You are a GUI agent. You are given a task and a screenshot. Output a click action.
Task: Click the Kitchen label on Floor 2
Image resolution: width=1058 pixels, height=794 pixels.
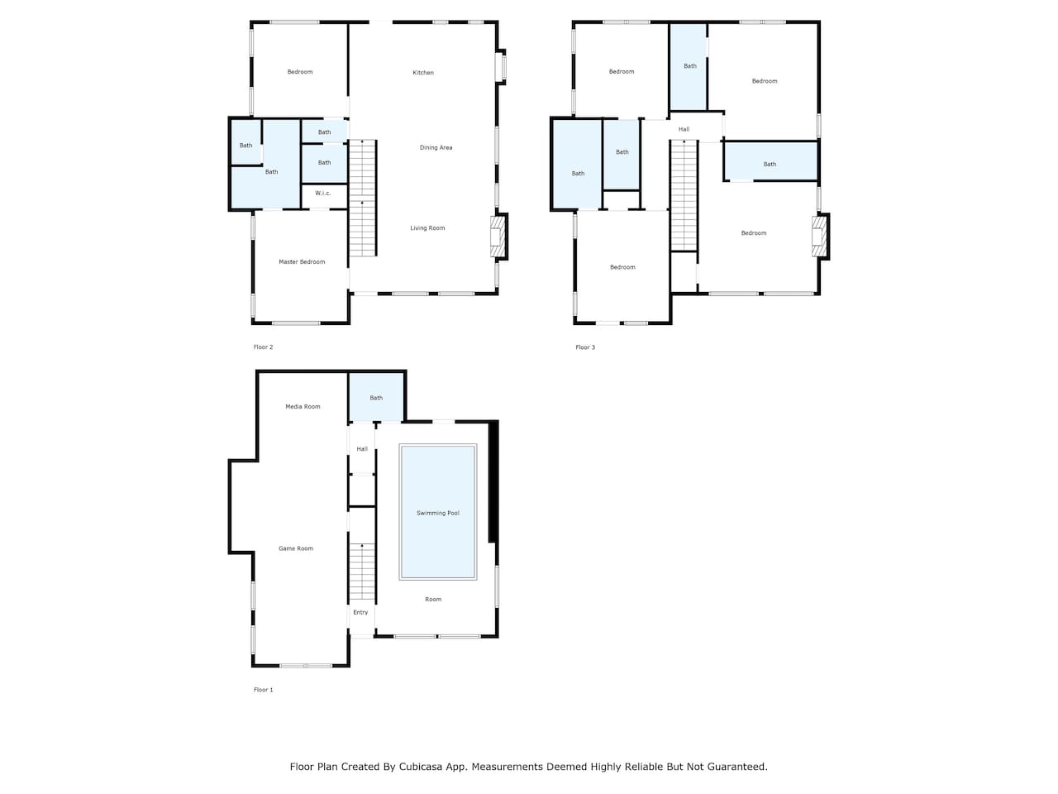[422, 73]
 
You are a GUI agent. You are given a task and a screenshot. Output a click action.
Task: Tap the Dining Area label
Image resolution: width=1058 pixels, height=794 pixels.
[436, 147]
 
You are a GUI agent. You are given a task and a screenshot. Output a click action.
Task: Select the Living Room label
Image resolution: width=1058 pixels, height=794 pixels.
[427, 228]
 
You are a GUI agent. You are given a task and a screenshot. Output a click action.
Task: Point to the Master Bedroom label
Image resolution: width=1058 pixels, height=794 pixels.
[302, 262]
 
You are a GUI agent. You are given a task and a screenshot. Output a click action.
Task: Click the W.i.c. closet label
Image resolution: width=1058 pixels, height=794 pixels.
[323, 194]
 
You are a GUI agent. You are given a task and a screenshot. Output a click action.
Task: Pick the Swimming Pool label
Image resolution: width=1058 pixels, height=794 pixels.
[437, 513]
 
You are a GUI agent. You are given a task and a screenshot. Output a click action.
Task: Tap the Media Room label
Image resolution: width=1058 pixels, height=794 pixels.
[303, 406]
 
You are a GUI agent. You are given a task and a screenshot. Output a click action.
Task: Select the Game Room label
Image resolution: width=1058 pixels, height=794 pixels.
[295, 548]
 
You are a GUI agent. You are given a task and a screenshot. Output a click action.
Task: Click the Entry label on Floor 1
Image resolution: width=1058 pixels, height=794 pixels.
[360, 612]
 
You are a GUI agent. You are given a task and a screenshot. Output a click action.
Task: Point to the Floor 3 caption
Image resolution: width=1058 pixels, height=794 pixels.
[585, 347]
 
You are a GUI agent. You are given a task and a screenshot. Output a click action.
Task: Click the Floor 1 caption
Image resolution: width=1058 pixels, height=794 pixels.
[263, 690]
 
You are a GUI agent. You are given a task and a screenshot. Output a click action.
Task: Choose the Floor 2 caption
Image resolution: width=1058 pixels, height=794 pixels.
[263, 347]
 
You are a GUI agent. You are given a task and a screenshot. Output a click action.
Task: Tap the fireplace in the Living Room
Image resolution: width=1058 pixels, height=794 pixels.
[498, 237]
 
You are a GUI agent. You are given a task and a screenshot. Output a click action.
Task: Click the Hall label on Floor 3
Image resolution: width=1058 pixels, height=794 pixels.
[684, 129]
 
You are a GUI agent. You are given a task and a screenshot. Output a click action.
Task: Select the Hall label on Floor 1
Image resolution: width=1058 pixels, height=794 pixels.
[362, 449]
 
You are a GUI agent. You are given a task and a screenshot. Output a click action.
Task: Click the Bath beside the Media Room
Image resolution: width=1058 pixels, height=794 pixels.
[376, 398]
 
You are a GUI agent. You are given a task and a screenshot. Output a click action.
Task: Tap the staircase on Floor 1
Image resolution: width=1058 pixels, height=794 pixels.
[362, 572]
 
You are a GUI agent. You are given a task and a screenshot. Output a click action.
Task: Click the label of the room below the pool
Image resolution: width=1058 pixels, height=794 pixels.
[433, 600]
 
